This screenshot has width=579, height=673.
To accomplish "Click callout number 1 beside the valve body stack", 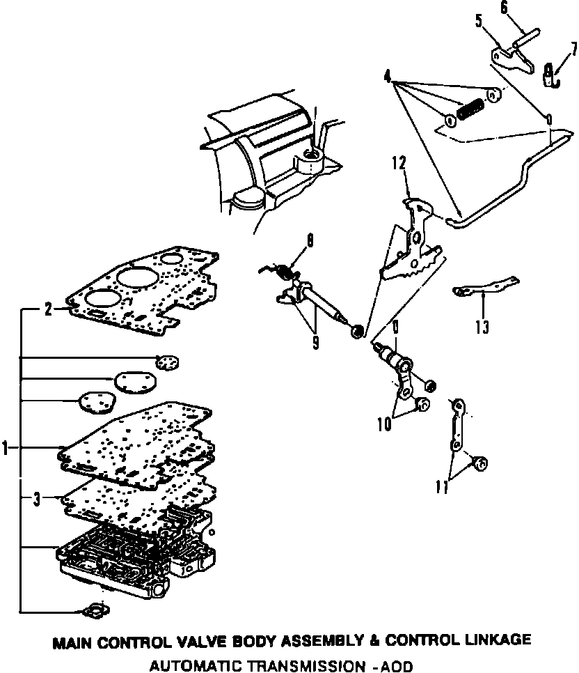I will point(6,448).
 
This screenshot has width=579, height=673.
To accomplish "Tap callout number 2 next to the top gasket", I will point(48,310).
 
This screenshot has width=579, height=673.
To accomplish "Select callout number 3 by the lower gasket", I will point(37,498).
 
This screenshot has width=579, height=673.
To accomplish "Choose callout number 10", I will point(384,424).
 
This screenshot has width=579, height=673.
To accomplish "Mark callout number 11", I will point(441,488).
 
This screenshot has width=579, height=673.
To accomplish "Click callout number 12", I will point(397,164).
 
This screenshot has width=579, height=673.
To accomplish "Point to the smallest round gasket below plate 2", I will point(167,362).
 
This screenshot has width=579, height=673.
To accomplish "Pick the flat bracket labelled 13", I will point(486,288).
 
